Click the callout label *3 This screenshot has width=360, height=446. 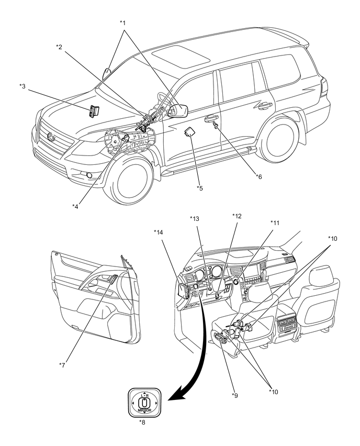click(22, 86)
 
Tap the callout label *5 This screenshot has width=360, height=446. click(199, 188)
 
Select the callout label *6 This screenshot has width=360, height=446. click(258, 176)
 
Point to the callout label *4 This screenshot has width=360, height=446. click(75, 206)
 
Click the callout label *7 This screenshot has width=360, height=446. click(62, 365)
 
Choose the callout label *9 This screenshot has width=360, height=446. click(234, 395)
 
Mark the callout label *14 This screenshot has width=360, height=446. click(159, 232)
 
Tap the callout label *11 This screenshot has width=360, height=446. click(275, 222)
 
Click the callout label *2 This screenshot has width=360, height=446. click(59, 47)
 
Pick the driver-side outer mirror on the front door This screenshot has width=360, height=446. click(178, 110)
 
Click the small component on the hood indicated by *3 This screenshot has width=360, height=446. click(93, 110)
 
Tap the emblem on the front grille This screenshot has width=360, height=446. click(51, 137)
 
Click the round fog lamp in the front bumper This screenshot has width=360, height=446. click(89, 175)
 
